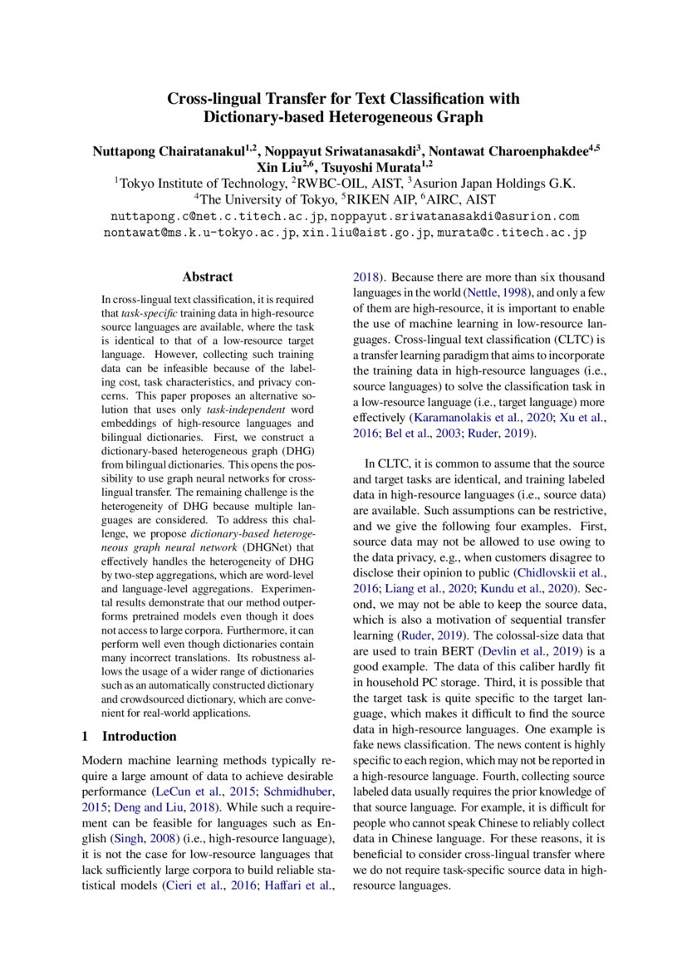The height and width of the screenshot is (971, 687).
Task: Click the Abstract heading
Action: click(x=208, y=277)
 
